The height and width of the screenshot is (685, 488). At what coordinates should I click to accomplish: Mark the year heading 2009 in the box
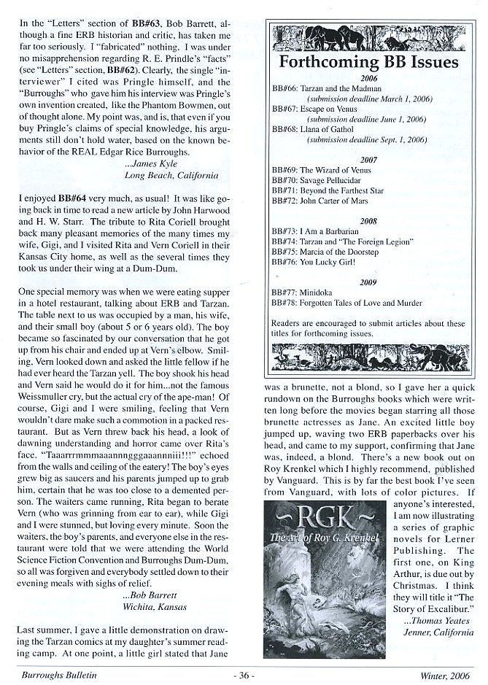tap(368, 281)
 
